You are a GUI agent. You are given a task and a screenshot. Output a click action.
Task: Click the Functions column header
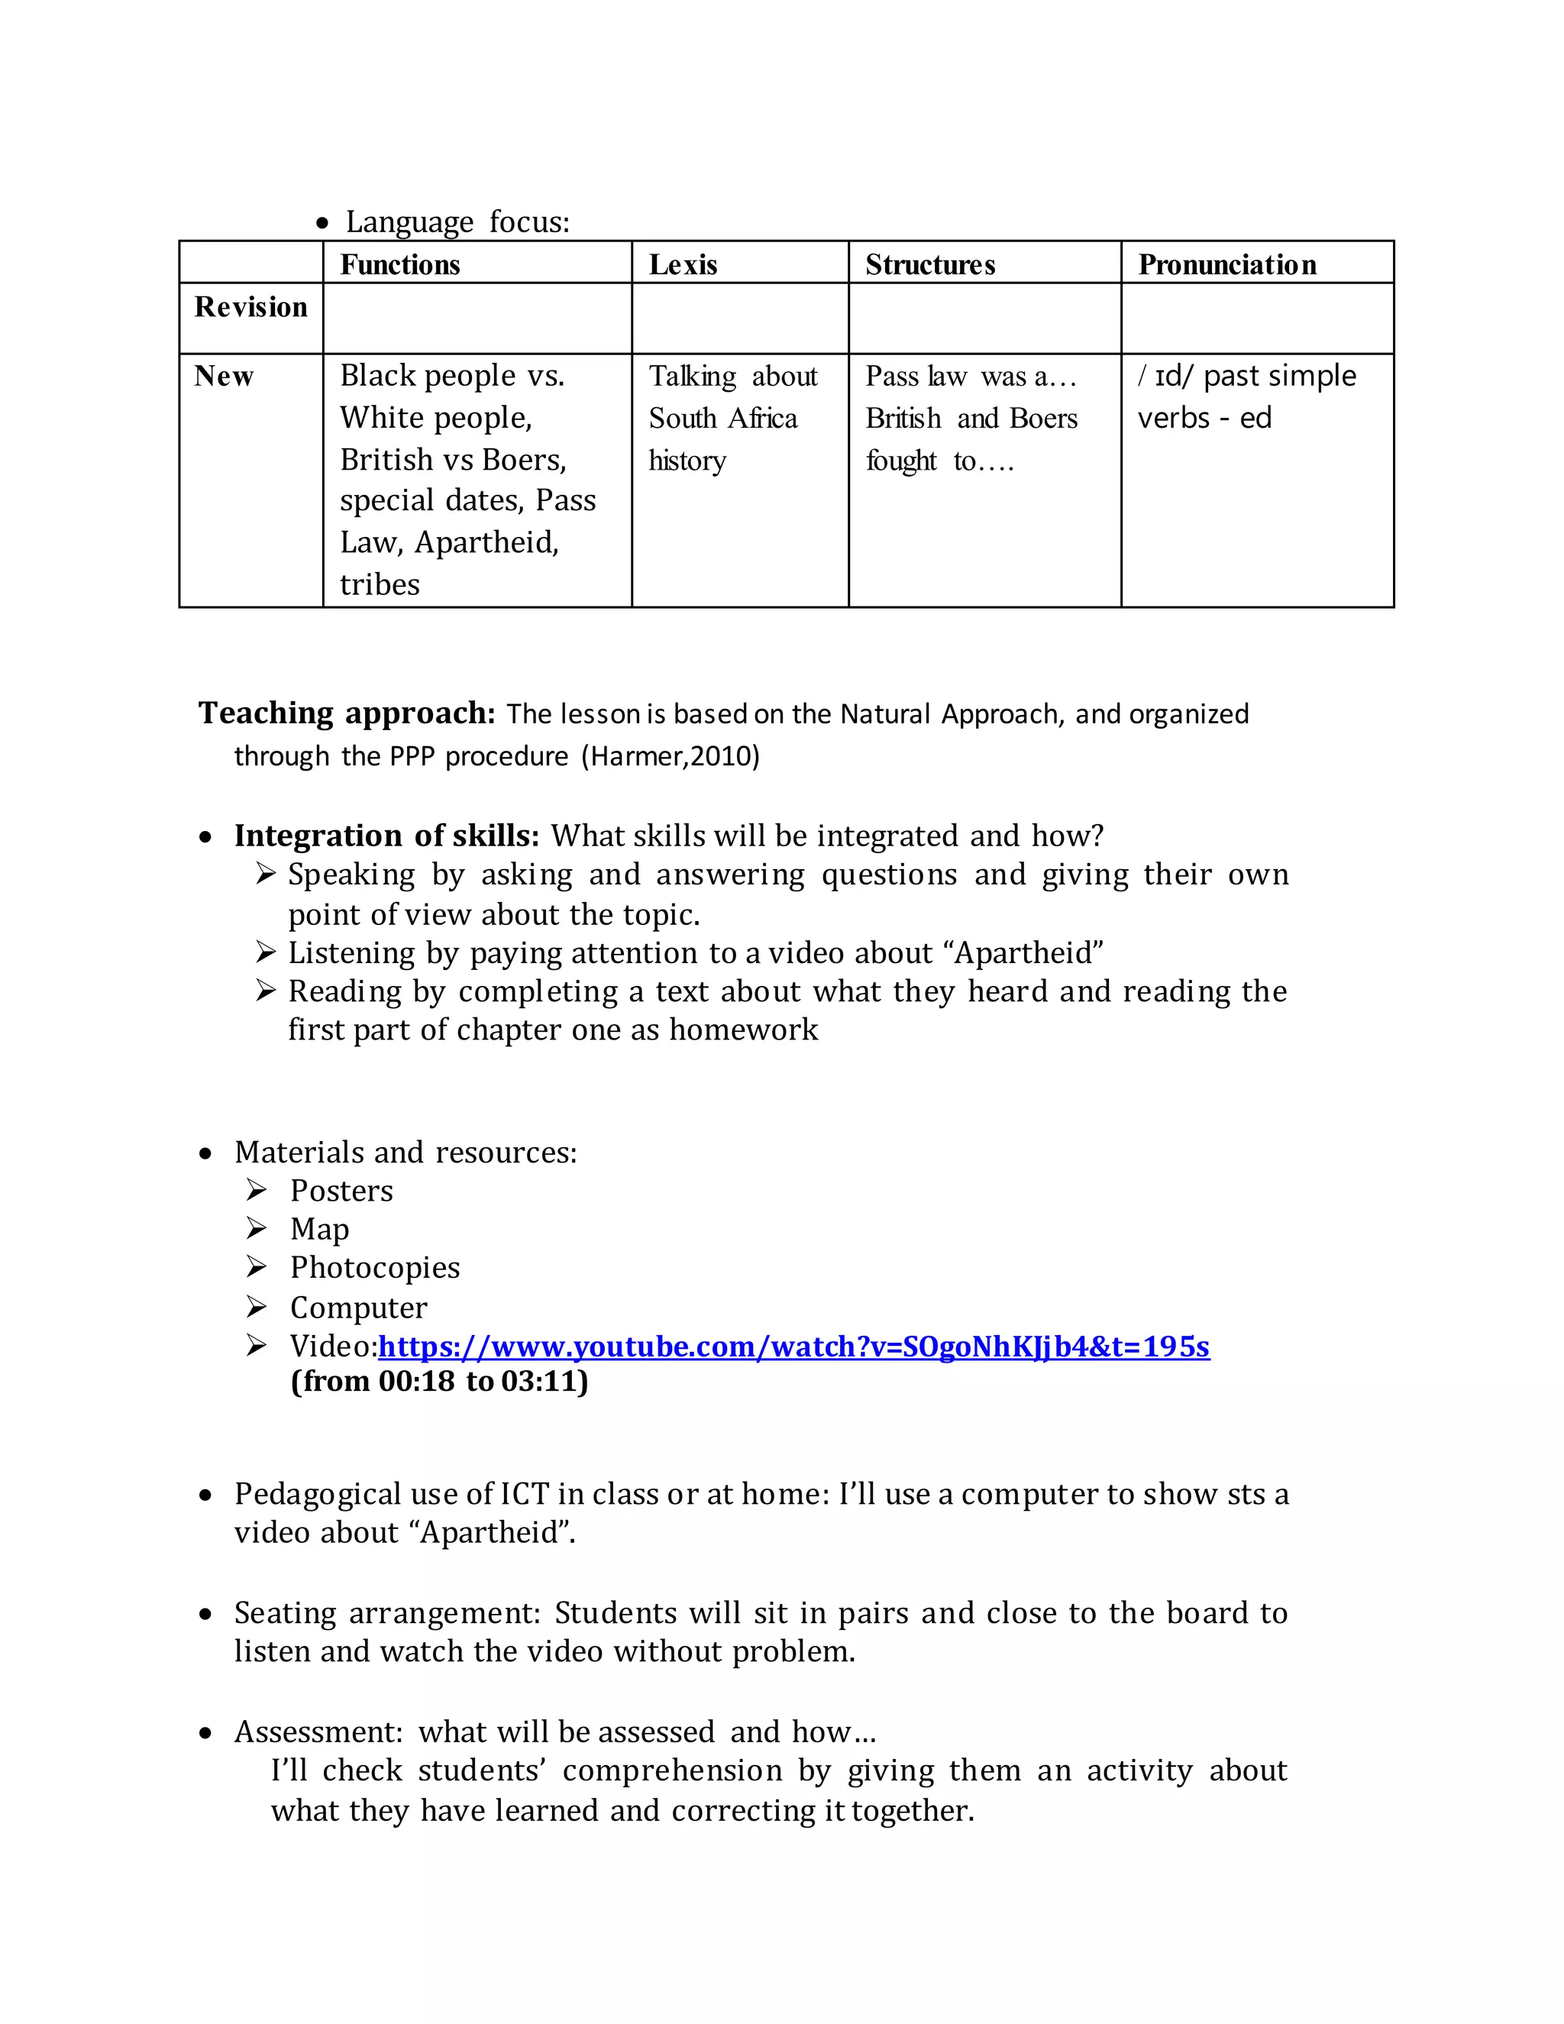[399, 265]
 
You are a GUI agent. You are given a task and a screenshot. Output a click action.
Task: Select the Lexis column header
[683, 265]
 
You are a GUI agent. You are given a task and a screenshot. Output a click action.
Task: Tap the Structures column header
[929, 265]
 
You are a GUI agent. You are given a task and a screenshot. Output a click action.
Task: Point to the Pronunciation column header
[1226, 265]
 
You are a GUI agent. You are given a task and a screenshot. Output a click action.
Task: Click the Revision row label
[250, 307]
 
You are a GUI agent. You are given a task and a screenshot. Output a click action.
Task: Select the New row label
[223, 377]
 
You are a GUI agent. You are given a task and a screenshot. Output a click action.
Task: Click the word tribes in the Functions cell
[379, 585]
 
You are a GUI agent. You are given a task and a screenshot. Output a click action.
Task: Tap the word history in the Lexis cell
[687, 461]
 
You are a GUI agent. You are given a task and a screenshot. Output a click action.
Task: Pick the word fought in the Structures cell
[900, 461]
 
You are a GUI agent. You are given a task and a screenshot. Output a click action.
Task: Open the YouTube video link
[793, 1346]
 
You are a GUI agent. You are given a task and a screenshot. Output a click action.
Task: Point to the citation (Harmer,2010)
[670, 756]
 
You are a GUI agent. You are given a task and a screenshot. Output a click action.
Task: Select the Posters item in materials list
[341, 1191]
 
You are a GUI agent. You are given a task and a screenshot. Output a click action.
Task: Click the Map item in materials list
[320, 1230]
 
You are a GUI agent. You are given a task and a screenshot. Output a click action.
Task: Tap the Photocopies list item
[374, 1268]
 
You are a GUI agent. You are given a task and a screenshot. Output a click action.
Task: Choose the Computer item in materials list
[357, 1308]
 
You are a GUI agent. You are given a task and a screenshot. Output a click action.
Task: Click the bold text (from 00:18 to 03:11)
[439, 1382]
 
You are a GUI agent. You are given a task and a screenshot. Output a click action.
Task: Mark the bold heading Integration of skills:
[386, 836]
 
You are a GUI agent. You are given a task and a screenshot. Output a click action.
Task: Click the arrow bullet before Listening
[266, 952]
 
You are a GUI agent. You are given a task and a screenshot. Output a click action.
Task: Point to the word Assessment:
[318, 1732]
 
